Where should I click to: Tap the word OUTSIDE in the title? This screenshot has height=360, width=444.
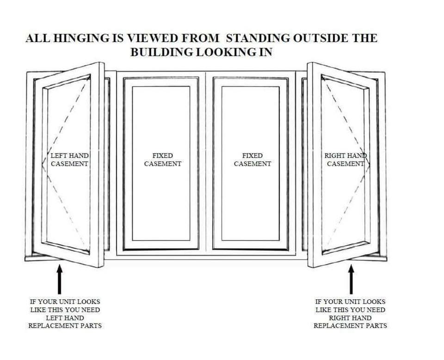click(x=319, y=38)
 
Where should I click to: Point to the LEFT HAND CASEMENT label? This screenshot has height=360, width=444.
click(x=69, y=160)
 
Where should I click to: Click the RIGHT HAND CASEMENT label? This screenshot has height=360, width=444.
click(x=345, y=160)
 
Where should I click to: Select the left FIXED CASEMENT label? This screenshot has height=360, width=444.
click(x=162, y=160)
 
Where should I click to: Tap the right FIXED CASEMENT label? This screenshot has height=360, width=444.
click(x=252, y=160)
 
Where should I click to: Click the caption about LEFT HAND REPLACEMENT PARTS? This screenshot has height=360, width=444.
click(x=65, y=314)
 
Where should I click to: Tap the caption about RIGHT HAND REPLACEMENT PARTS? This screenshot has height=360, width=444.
click(x=350, y=314)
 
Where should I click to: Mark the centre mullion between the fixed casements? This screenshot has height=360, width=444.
click(x=206, y=162)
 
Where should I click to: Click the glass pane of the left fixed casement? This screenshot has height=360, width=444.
click(x=161, y=204)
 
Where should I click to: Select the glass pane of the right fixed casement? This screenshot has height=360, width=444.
click(x=251, y=204)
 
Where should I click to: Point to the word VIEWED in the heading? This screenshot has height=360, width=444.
click(x=155, y=38)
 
